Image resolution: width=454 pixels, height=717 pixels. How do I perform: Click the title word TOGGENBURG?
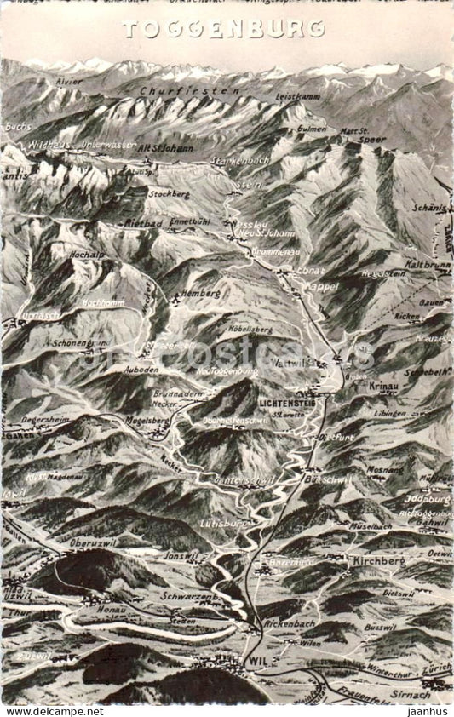(223, 29)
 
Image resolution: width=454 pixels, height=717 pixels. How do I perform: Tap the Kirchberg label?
(377, 561)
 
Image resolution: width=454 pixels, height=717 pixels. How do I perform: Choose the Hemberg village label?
(202, 293)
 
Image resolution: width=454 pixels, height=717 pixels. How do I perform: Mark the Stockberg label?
(169, 193)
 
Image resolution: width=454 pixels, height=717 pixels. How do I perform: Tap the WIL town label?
(255, 662)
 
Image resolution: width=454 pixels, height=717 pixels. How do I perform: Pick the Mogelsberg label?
(147, 421)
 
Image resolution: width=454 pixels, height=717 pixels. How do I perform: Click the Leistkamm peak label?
(298, 97)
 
